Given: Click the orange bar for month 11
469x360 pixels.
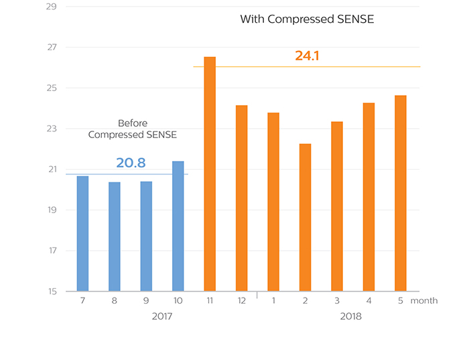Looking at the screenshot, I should click(x=210, y=174).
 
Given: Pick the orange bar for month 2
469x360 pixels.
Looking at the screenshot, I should click(x=305, y=217).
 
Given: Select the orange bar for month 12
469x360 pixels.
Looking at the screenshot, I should click(x=242, y=198).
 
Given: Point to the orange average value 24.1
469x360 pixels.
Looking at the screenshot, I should click(x=307, y=56).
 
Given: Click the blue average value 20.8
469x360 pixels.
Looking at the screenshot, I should click(x=131, y=163).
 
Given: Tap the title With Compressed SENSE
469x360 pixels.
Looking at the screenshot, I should click(x=307, y=19).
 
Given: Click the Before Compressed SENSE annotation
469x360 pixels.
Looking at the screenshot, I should click(x=133, y=129).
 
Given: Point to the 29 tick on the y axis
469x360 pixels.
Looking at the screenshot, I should click(x=52, y=7).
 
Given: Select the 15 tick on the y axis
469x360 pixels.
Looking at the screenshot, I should click(x=52, y=292).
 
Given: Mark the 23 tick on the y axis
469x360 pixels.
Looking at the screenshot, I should click(x=52, y=129).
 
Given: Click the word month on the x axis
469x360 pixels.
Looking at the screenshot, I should click(x=424, y=301).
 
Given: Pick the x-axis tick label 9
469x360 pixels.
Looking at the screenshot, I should click(x=147, y=301).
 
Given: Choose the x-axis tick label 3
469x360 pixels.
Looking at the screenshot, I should click(x=337, y=301).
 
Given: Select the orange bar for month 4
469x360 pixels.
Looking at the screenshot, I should click(x=368, y=197).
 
